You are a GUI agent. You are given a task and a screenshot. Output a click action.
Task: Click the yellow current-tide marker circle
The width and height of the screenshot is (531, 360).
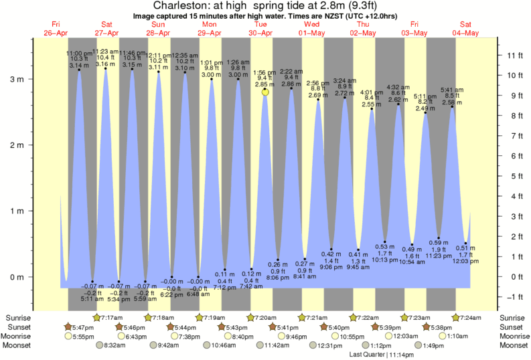tap(265, 92)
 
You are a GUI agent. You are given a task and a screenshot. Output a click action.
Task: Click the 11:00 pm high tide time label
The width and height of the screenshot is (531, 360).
tap(79, 53)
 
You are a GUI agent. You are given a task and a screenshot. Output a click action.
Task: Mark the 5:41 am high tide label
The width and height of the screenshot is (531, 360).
tap(452, 90)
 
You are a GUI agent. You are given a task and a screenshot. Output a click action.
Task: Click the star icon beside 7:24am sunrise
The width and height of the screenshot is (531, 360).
tap(456, 317)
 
